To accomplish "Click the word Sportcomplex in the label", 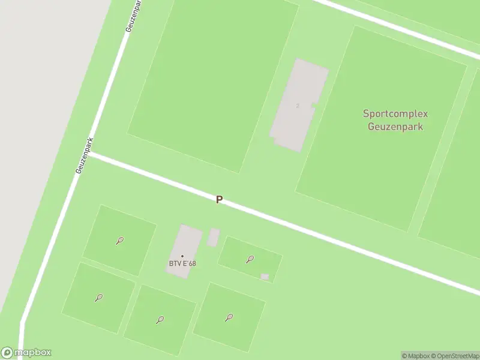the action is (395, 113).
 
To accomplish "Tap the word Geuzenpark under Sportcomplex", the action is (395, 127).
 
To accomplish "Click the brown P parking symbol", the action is (220, 200).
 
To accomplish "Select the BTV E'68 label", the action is (182, 264).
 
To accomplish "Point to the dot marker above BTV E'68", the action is (182, 256).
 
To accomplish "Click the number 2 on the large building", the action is (298, 106).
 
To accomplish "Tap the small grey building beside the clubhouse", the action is (213, 237).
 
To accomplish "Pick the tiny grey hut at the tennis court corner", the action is (265, 277).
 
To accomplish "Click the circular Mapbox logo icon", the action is (7, 353).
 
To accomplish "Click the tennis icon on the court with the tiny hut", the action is (250, 259).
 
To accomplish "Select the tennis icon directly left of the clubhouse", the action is (120, 241).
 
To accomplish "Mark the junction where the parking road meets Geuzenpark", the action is (90, 154).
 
